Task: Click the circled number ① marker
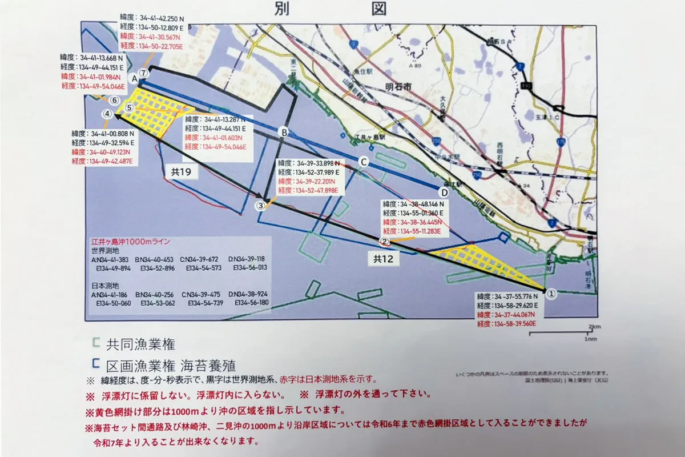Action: tap(551, 292)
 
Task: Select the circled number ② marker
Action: tap(385, 242)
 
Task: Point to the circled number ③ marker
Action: tap(261, 205)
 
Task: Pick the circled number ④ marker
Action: tap(107, 114)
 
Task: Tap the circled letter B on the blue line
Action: tap(282, 133)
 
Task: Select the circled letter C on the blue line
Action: tap(362, 162)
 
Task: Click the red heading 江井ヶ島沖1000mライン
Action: tap(131, 242)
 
